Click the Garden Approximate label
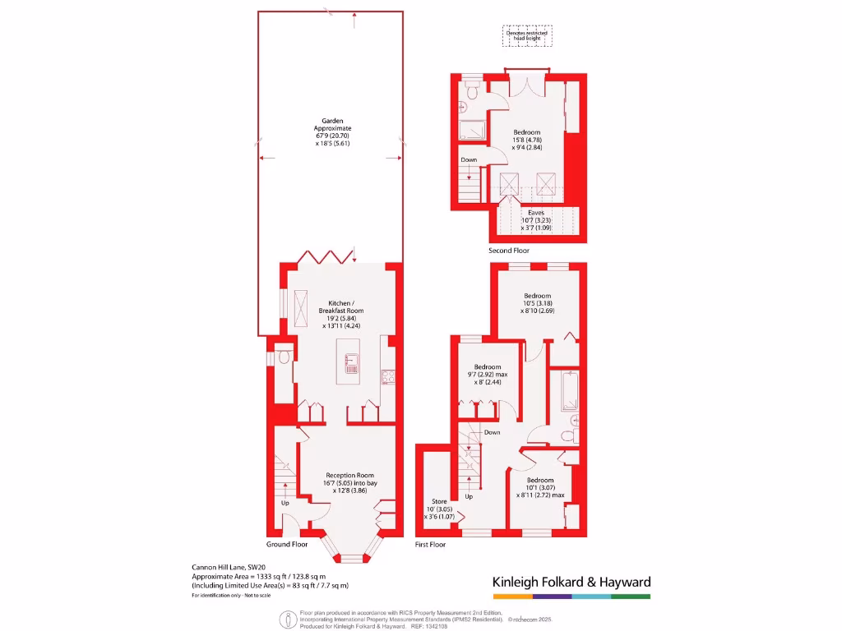tap(332, 132)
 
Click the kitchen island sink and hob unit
tap(352, 363)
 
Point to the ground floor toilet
tap(283, 357)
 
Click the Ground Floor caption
tap(287, 545)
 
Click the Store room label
tap(439, 509)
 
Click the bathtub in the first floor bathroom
tap(569, 390)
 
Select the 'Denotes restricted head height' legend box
tap(527, 35)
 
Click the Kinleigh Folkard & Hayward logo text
tap(571, 582)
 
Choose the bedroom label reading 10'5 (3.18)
tap(537, 303)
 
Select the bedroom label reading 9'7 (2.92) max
tap(487, 375)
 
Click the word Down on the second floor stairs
tap(469, 160)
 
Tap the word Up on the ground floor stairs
tap(285, 503)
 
